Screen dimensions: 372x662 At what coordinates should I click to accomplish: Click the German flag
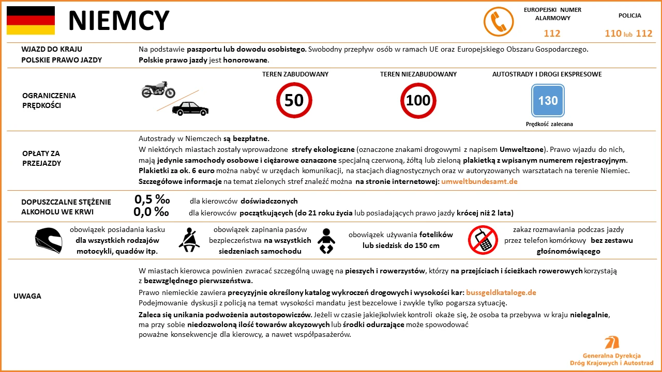tap(31, 20)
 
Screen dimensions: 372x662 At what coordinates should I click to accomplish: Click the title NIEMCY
tap(118, 21)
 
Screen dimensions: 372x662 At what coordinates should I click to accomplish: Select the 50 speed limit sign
tap(294, 100)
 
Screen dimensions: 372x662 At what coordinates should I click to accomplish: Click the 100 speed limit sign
tap(418, 100)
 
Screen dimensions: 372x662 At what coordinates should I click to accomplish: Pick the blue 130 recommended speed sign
tap(548, 101)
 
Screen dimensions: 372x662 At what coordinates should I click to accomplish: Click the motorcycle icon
tap(158, 89)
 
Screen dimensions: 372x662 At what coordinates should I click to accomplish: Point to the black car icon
tap(190, 109)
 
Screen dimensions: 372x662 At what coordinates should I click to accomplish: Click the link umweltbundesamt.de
tap(479, 181)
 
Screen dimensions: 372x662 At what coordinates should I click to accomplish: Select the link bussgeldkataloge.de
tap(501, 292)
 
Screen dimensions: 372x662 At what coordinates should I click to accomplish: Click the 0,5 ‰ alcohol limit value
tap(152, 200)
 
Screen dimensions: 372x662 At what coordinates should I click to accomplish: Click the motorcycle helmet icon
tap(49, 240)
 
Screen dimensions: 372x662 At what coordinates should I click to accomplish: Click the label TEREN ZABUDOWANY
tap(295, 74)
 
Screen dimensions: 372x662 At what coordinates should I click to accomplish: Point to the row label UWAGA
tap(27, 296)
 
